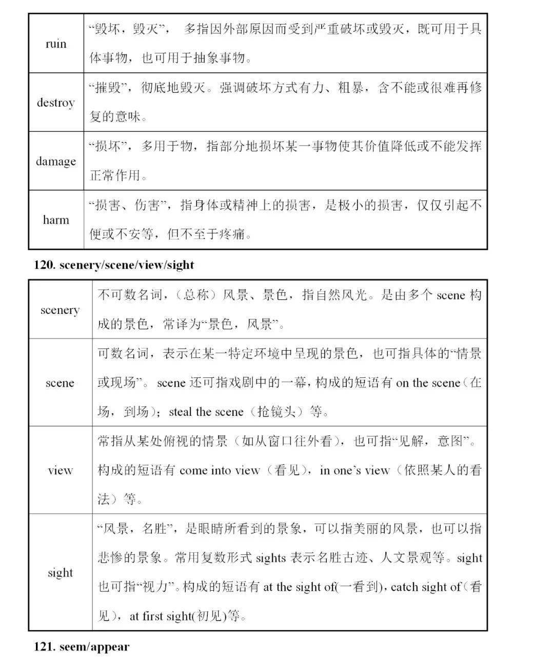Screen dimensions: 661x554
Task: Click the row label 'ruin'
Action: pos(56,44)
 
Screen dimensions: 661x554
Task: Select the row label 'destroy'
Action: pos(55,103)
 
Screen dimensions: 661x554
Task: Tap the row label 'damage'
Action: pos(55,162)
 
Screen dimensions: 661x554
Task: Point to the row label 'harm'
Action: pos(56,220)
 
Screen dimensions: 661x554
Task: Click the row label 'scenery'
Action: pos(60,310)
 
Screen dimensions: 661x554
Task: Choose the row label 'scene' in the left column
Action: pos(60,383)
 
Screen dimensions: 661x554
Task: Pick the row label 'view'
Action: pos(60,470)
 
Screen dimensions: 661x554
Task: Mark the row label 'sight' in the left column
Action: pos(60,573)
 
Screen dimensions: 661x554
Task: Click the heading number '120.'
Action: pos(45,265)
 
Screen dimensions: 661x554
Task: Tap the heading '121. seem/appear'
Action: pos(82,647)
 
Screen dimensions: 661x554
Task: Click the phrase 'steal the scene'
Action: pos(206,412)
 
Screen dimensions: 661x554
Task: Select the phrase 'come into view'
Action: pos(220,470)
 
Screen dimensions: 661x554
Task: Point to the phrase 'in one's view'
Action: pos(354,470)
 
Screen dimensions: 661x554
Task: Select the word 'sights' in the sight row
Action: pos(270,558)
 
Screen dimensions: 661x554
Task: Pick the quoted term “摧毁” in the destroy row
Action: pos(111,88)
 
